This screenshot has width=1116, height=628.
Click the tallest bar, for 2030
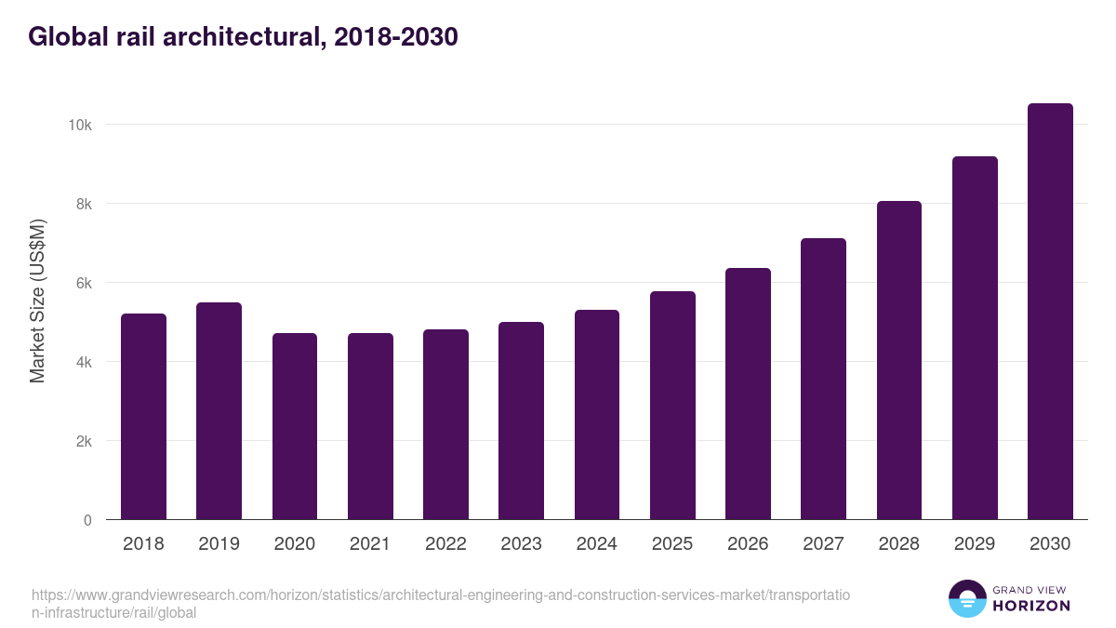coord(1050,312)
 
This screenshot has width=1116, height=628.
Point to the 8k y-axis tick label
coord(84,204)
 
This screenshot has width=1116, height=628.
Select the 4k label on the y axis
coord(84,362)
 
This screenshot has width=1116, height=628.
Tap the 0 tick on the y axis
coord(87,520)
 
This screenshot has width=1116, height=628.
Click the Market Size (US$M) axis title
coord(37,301)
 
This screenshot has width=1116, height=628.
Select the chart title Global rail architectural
coord(243,37)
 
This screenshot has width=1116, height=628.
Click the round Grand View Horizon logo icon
coord(966,599)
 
